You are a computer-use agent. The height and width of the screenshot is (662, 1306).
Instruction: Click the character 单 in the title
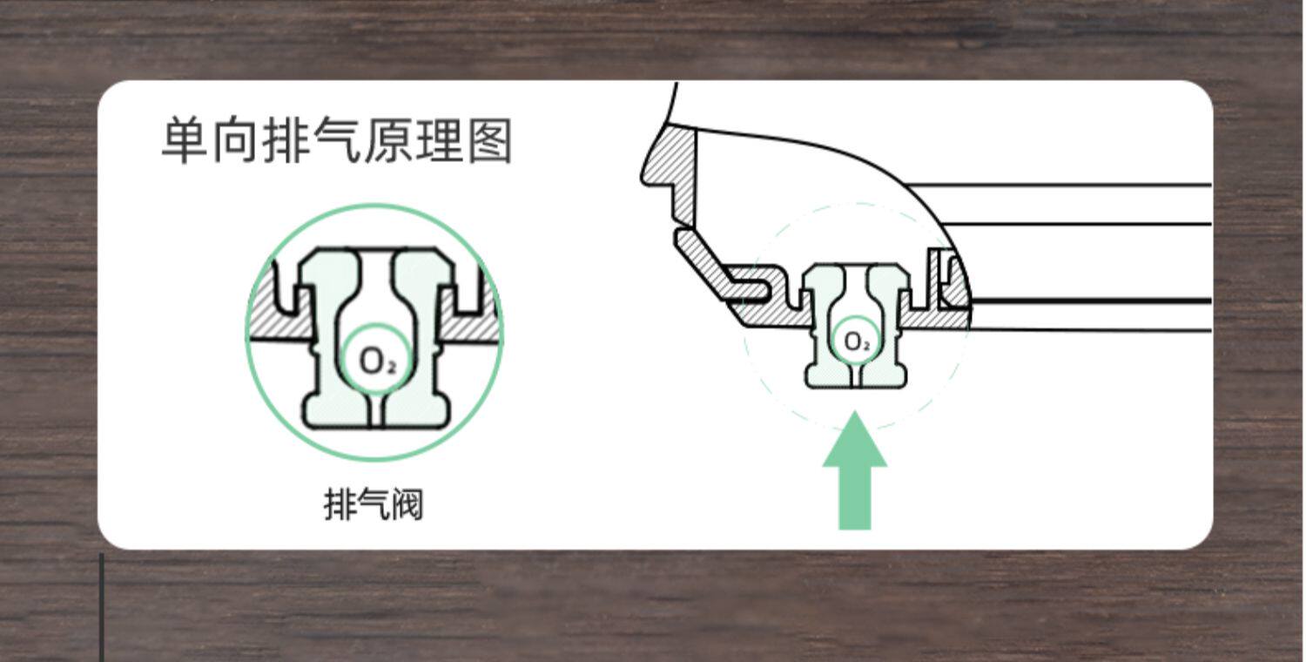pyautogui.click(x=185, y=141)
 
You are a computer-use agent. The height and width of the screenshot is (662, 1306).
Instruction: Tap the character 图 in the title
pyautogui.click(x=490, y=141)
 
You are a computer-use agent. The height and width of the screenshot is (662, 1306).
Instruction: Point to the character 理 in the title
pyautogui.click(x=439, y=141)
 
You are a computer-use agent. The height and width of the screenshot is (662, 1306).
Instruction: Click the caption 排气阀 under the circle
pyautogui.click(x=374, y=504)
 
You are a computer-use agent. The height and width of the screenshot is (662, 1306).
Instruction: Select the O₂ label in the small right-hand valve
pyautogui.click(x=858, y=341)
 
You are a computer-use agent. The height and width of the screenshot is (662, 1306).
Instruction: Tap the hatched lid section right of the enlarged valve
pyautogui.click(x=470, y=322)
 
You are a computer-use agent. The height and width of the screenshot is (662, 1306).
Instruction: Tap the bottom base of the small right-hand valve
pyautogui.click(x=856, y=376)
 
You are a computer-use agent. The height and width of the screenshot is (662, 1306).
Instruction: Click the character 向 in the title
pyautogui.click(x=235, y=141)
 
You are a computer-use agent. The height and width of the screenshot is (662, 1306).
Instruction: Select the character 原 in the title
pyautogui.click(x=387, y=141)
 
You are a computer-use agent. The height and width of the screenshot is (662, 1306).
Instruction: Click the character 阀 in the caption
pyautogui.click(x=406, y=504)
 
